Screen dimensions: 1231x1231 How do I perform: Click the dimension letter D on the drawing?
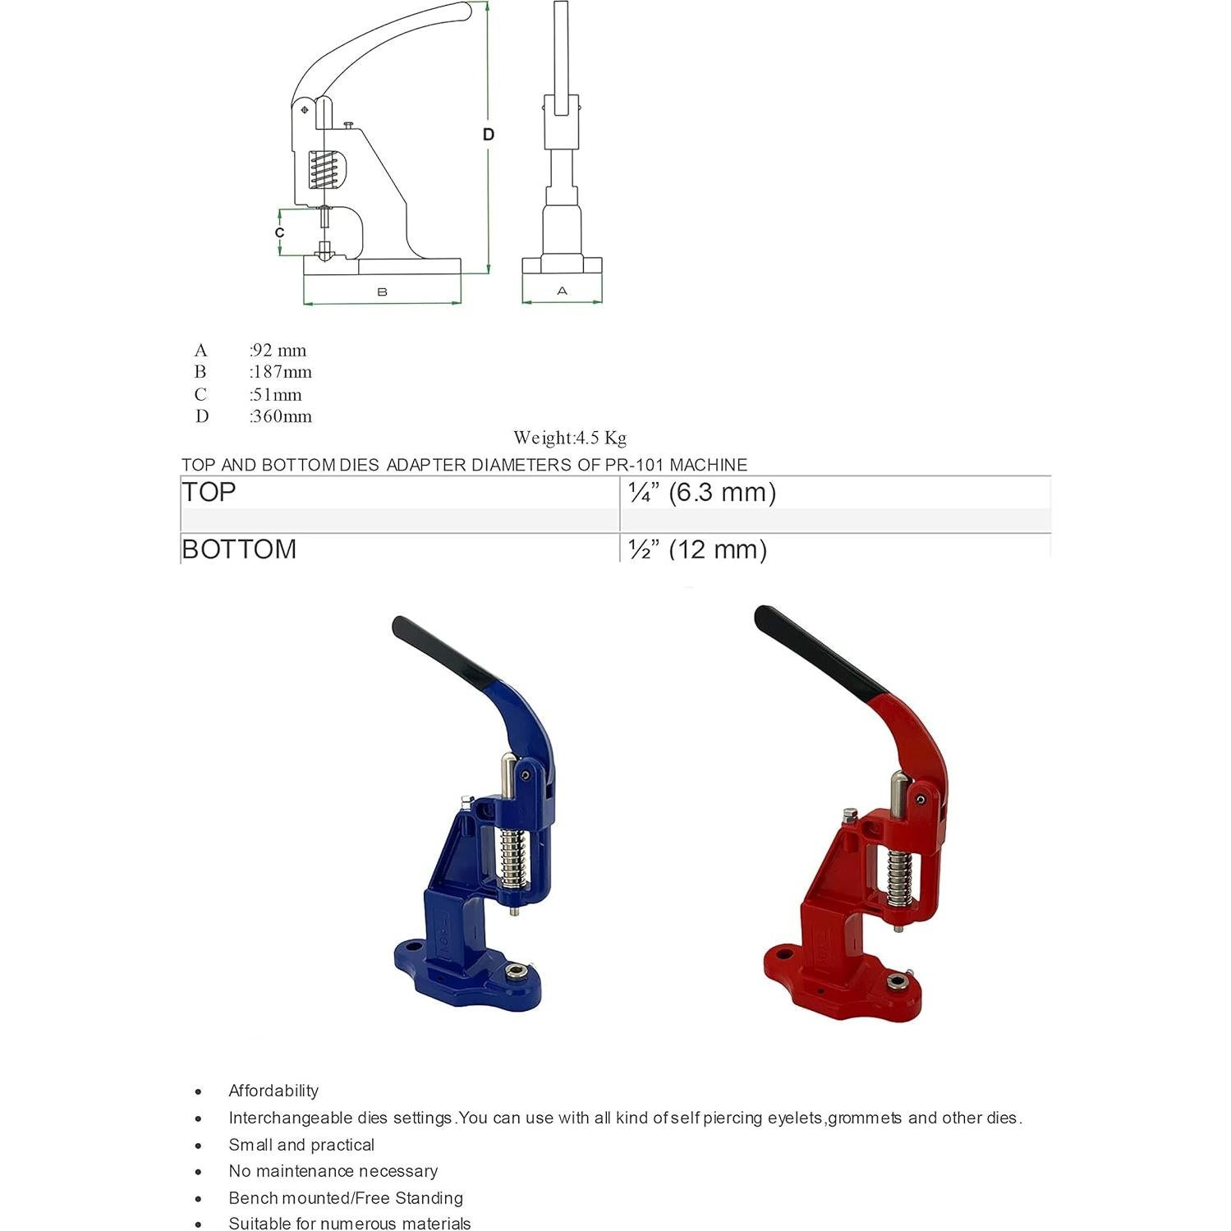(489, 134)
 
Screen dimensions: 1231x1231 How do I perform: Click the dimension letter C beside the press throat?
(280, 232)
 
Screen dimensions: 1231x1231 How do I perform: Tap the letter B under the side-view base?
(382, 292)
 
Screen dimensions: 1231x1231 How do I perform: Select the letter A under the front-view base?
(562, 291)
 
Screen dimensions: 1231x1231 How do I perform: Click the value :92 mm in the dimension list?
(278, 351)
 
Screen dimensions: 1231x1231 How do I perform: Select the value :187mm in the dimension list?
(281, 372)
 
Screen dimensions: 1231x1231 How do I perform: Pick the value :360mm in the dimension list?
(281, 416)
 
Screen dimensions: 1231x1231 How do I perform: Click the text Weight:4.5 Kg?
(570, 438)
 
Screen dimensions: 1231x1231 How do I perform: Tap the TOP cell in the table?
(209, 492)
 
